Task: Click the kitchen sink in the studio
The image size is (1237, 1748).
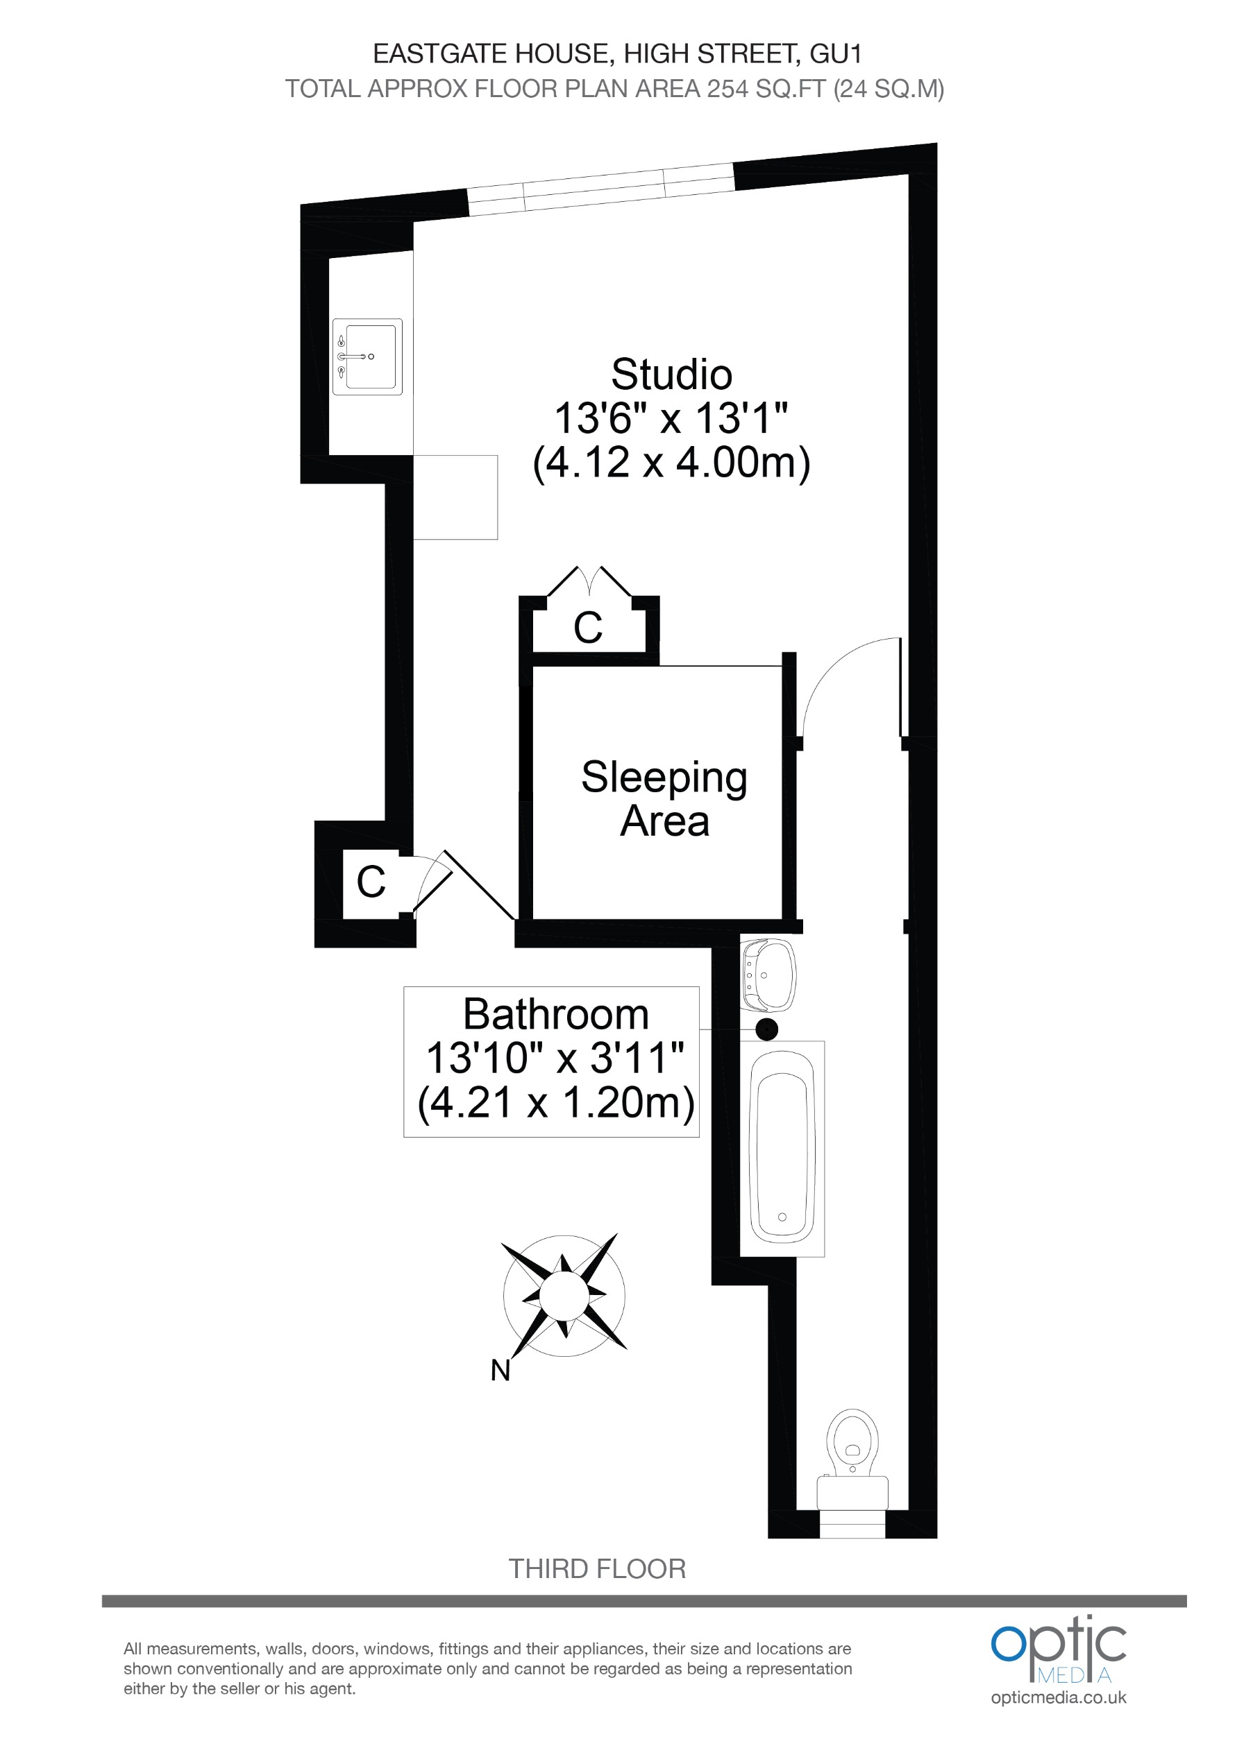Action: pos(368,357)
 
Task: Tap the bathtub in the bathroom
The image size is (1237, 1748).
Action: pos(782,1147)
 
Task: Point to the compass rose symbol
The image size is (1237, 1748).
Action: pos(564,1295)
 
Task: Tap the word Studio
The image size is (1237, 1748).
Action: pos(671,375)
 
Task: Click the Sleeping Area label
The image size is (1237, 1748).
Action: pos(664,798)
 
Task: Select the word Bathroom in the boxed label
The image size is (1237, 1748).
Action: pos(555,1015)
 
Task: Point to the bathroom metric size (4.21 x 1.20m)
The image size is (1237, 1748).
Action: pos(555,1102)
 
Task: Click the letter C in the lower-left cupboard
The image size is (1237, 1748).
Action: pos(371,882)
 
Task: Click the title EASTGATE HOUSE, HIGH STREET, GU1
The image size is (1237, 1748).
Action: pos(617,53)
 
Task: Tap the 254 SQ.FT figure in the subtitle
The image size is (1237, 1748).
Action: pos(766,89)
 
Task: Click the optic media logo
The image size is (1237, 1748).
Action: pos(1058,1650)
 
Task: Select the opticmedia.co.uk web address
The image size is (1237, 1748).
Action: pos(1058,1698)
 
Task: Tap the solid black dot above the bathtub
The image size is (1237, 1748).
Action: pos(766,1029)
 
